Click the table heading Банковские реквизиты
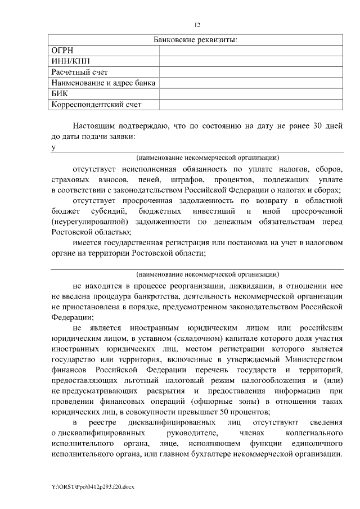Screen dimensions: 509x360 pos(195,40)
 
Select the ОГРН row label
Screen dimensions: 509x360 pos(62,51)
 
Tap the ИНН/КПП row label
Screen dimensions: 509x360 pos(70,61)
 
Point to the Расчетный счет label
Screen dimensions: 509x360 pos(79,72)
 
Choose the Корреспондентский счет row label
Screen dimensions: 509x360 pos(96,104)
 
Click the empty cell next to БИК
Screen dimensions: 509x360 pos(251,93)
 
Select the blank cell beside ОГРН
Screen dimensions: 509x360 pos(251,51)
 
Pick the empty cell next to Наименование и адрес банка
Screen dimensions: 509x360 pos(251,83)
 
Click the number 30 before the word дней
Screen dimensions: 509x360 pos(317,126)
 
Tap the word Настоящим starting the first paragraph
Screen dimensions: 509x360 pos(94,126)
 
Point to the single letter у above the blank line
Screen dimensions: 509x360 pos(53,147)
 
